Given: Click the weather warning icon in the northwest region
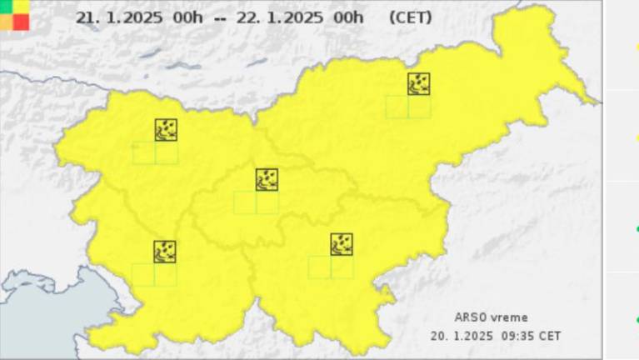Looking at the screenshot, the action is [165, 129].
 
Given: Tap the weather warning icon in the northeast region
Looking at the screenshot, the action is [418, 83].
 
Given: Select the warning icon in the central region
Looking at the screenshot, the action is [267, 179].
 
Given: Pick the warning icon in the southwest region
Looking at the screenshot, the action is [164, 251].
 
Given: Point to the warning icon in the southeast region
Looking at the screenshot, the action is [342, 243].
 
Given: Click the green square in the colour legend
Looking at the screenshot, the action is [6, 6].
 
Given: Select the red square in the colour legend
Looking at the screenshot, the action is [21, 22].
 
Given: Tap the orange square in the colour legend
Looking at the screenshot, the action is [6, 22].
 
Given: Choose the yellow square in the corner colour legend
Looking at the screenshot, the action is [21, 6].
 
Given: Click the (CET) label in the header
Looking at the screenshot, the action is [411, 17].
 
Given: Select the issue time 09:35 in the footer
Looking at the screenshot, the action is [519, 335].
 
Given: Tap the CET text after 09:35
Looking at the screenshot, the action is [550, 335].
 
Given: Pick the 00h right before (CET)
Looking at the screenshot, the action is [347, 17].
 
